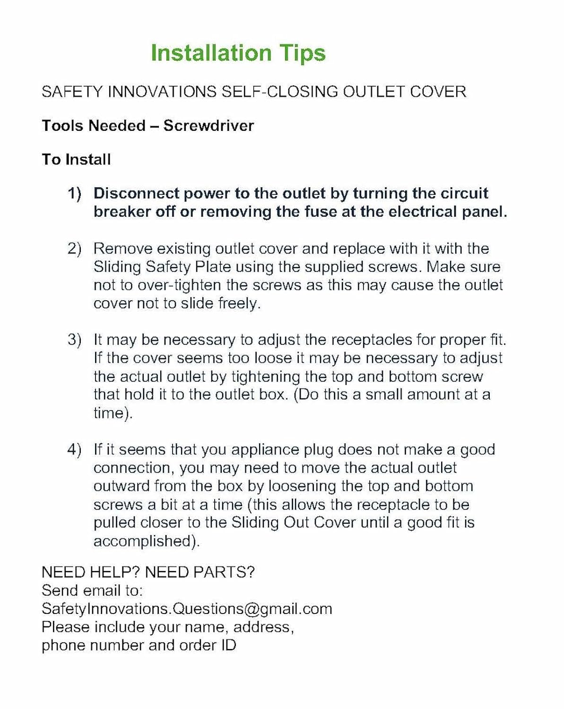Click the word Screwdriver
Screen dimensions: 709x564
[208, 126]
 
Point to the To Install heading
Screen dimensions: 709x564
[76, 159]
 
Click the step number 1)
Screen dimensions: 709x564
[74, 193]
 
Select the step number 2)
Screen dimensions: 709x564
[74, 249]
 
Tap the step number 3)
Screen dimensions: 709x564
[74, 340]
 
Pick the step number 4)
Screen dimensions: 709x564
[74, 450]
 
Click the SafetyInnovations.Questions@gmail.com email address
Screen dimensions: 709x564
[187, 609]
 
